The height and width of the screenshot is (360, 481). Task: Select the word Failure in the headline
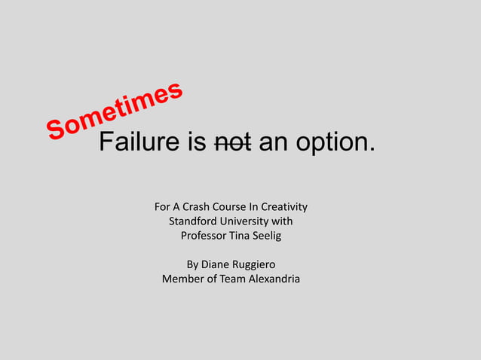point(136,141)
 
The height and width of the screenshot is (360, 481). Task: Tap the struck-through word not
point(233,141)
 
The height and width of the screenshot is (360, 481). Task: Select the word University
point(248,221)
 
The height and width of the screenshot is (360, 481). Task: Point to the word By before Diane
point(192,265)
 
